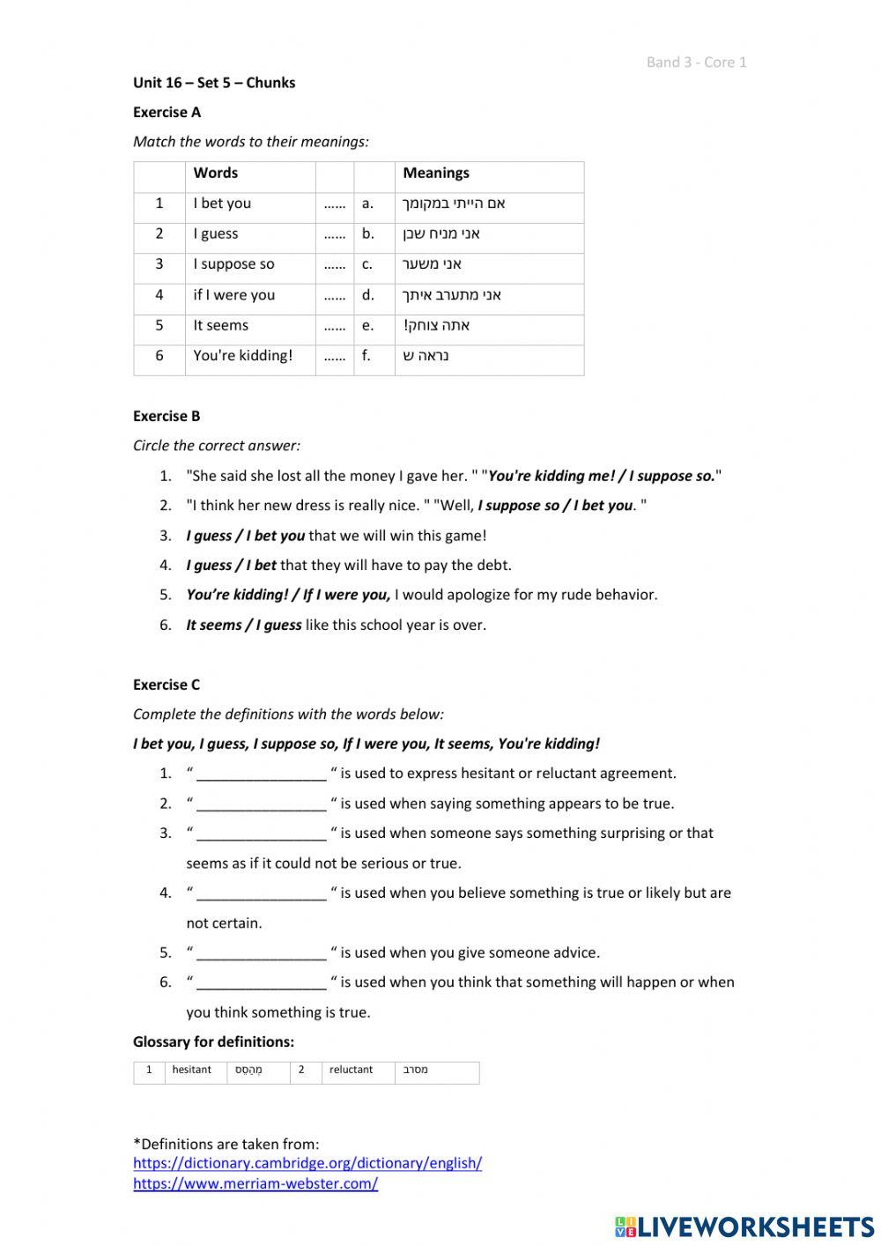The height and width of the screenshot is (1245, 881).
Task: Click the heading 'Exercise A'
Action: [x=167, y=112]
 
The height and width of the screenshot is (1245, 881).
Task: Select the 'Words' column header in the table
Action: [x=216, y=174]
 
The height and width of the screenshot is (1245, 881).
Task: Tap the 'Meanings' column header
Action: [x=436, y=174]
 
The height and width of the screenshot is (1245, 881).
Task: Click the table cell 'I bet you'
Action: [x=222, y=204]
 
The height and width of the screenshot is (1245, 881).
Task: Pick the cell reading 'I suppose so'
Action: [x=233, y=264]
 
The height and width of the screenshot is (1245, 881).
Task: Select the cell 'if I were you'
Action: [x=233, y=295]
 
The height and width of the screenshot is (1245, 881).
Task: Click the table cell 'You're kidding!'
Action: [x=242, y=356]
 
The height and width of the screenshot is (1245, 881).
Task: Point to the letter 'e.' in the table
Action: [x=367, y=325]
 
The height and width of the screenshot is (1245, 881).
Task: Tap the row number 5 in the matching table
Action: [x=159, y=325]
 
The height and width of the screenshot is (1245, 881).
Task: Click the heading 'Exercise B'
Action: [x=167, y=416]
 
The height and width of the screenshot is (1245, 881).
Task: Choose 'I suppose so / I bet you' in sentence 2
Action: [x=555, y=506]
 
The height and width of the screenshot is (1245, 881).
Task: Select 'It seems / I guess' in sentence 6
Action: [x=243, y=625]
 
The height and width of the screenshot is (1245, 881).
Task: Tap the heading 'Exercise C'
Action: [x=167, y=685]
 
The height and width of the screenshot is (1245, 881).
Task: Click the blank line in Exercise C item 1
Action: [x=261, y=774]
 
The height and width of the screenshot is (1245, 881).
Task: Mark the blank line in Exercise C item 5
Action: [x=261, y=953]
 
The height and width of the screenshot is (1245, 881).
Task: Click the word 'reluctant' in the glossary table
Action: [x=351, y=1070]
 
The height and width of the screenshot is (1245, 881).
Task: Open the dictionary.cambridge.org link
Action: [x=307, y=1163]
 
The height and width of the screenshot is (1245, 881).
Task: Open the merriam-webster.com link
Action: [x=255, y=1184]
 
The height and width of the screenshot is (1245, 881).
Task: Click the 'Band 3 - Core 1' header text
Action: [x=696, y=62]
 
